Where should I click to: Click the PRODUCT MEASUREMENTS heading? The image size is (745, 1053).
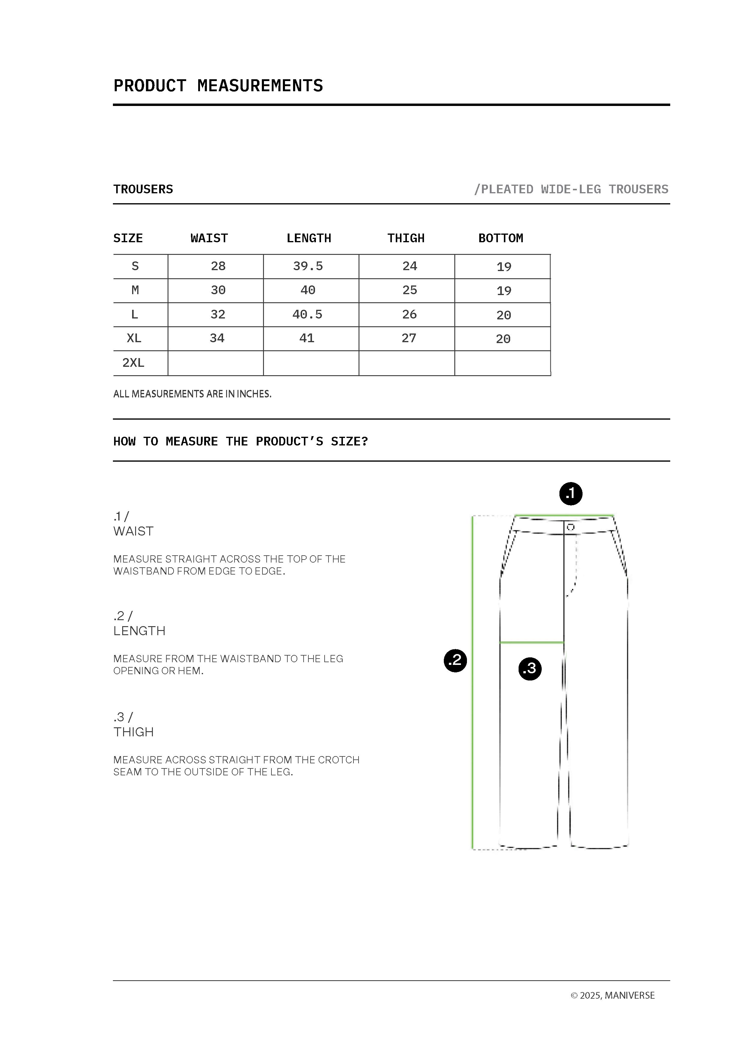click(x=218, y=86)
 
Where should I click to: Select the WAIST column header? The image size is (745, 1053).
click(x=209, y=238)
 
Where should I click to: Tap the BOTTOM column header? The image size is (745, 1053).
click(x=501, y=238)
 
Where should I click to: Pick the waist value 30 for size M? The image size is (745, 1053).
click(x=218, y=290)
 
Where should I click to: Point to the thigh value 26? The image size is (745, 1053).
click(x=409, y=314)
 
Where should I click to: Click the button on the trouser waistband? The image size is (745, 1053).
click(x=570, y=527)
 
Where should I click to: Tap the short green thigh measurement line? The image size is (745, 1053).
click(x=532, y=643)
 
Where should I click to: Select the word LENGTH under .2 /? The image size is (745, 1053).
click(x=139, y=631)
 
